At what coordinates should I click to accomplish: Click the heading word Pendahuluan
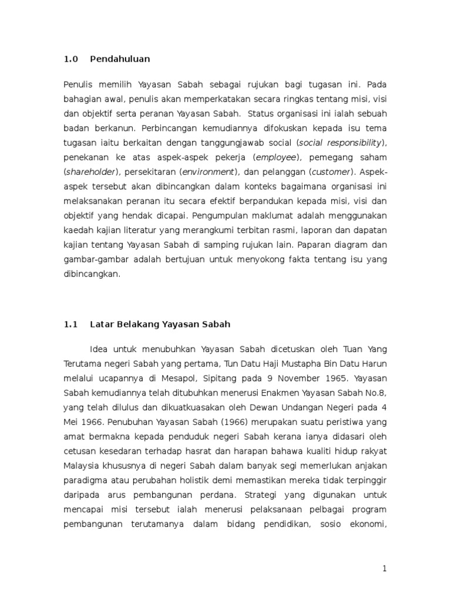click(120, 59)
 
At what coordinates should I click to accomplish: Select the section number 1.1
click(70, 324)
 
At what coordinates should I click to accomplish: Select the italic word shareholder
click(91, 171)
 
